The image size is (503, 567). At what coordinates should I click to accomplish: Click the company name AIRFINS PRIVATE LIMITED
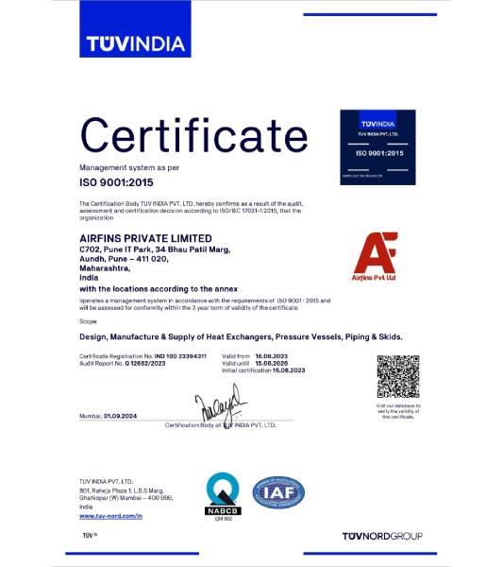point(145,238)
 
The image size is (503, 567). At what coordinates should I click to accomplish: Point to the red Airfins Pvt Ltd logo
point(375,256)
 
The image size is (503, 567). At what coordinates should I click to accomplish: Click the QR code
point(397,376)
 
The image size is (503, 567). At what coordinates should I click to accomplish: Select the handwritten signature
point(220,407)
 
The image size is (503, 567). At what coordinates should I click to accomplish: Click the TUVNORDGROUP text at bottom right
point(382,536)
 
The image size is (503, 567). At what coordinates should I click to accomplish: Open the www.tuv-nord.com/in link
point(110,516)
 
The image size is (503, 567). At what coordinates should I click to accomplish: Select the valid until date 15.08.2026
point(271,362)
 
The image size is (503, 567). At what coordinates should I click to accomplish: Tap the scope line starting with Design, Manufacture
point(241,336)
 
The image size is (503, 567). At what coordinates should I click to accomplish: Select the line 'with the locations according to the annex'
point(159,287)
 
